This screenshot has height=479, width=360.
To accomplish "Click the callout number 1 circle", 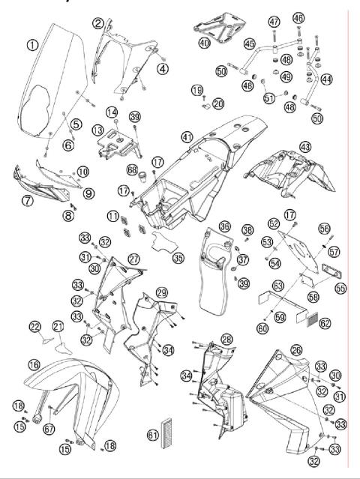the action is (x=32, y=45).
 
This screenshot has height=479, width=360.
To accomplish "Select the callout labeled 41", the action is (x=187, y=137).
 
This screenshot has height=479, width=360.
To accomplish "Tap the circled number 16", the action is (x=34, y=364).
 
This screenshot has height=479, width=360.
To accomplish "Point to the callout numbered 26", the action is (x=296, y=350).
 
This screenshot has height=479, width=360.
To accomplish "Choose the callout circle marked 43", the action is (x=305, y=147).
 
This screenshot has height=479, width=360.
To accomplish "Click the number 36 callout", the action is (x=225, y=226).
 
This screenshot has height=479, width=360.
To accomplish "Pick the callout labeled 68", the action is (x=132, y=170).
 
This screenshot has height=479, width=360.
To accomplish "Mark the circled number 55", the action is (x=340, y=288).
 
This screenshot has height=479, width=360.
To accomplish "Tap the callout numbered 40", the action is (x=205, y=43).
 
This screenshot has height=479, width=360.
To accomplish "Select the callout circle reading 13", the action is (x=97, y=130).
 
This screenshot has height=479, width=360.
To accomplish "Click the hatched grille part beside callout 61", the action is (x=166, y=432).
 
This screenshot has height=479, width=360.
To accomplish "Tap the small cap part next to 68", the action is (x=143, y=177).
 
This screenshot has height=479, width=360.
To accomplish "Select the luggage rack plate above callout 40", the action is (x=220, y=27).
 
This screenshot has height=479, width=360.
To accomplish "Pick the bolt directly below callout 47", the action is (x=274, y=36).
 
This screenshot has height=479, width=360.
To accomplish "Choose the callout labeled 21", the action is (x=58, y=327).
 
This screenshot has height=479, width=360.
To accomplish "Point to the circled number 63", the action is (x=278, y=286).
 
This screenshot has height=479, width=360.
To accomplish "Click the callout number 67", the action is (x=49, y=429).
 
